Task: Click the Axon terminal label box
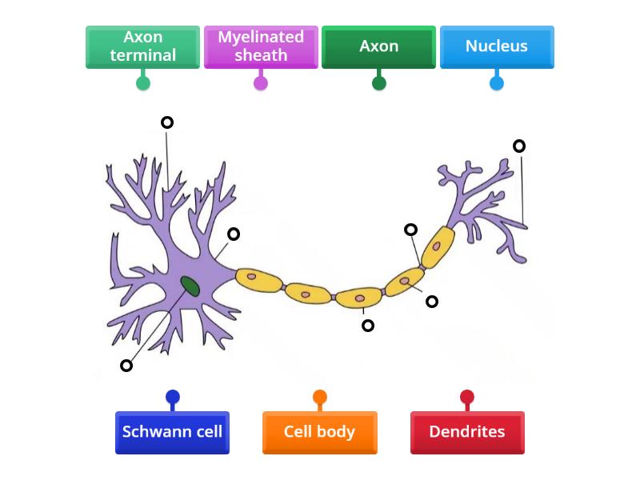tap(142, 46)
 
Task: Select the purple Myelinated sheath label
tap(261, 46)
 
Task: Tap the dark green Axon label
tap(378, 46)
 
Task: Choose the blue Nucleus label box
tap(497, 46)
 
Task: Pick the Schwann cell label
tap(172, 432)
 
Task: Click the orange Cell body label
tap(319, 432)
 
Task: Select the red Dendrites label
tap(467, 432)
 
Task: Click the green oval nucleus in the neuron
tap(190, 285)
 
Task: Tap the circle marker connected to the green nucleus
tap(126, 366)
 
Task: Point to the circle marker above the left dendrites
tap(167, 122)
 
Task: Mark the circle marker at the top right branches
tap(519, 146)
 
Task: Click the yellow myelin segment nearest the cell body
tap(258, 278)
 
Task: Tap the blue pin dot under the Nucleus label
tap(497, 82)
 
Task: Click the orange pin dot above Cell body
tap(320, 397)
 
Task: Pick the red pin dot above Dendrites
tap(467, 397)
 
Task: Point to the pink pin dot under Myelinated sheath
tap(261, 82)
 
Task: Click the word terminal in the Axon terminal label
tap(142, 55)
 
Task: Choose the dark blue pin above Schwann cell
tap(173, 397)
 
